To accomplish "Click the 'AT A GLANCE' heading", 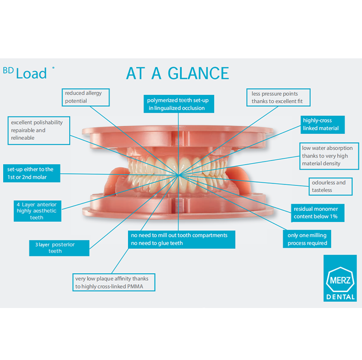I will [x=177, y=73].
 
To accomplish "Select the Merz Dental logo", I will [x=339, y=278].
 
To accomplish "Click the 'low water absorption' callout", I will [x=326, y=156].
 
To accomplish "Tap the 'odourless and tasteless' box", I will [x=328, y=186].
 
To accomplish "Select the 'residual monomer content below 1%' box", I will [x=315, y=213].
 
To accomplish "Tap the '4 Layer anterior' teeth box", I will [x=37, y=211].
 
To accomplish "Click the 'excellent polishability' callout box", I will [x=39, y=130].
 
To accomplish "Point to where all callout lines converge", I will [x=179, y=174].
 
